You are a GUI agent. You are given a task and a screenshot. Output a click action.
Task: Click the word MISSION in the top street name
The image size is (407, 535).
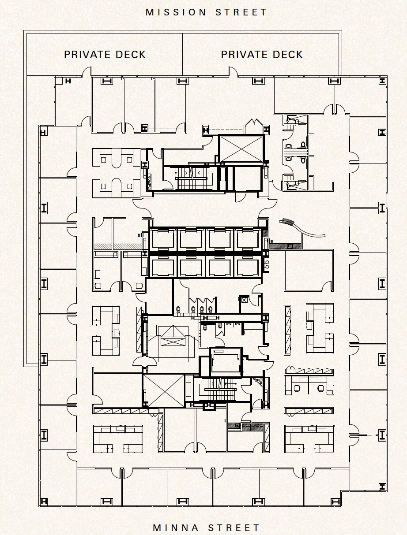pyautogui.click(x=177, y=12)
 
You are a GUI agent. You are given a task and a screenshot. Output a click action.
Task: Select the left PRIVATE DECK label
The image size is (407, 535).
pyautogui.click(x=105, y=55)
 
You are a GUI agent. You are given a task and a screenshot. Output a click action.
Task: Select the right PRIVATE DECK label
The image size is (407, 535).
pyautogui.click(x=262, y=55)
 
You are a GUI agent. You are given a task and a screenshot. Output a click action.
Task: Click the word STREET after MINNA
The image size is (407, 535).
pyautogui.click(x=234, y=527)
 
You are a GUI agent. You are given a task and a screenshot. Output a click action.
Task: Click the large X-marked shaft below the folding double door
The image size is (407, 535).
pyautogui.click(x=241, y=149)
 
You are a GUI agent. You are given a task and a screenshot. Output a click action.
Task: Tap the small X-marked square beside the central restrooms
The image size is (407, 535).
pyautogui.click(x=244, y=300)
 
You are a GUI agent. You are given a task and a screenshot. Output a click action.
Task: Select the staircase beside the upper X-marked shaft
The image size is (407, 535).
pyautogui.click(x=192, y=178)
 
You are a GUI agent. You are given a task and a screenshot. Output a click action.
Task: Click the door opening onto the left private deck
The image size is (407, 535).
pyautogui.click(x=87, y=71)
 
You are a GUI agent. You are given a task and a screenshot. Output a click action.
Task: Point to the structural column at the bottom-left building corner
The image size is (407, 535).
pyautogui.click(x=44, y=502)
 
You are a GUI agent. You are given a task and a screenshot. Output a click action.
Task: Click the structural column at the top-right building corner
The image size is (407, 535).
pyautogui.click(x=382, y=81)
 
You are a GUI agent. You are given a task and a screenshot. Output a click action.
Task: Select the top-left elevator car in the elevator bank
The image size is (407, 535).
pyautogui.click(x=163, y=239)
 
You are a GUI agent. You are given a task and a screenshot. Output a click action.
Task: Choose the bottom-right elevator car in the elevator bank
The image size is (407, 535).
pyautogui.click(x=248, y=267)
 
